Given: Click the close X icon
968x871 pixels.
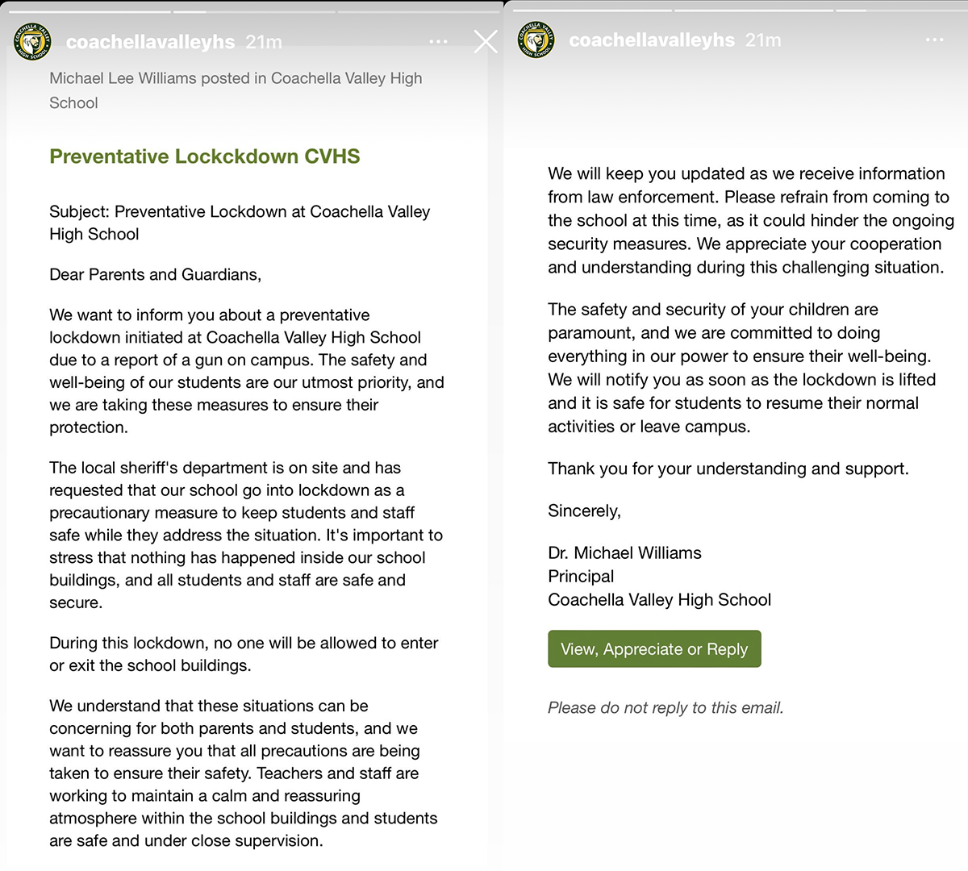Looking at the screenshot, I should [x=486, y=42].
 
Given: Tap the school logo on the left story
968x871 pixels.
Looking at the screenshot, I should [x=32, y=41].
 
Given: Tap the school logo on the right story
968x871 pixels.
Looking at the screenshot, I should [x=536, y=40].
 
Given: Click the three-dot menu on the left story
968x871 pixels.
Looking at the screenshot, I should [x=438, y=42].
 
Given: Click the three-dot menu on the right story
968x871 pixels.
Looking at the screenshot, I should [x=934, y=40].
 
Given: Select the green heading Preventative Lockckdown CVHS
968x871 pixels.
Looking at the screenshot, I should [x=205, y=156].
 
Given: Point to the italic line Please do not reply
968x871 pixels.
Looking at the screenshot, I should [x=665, y=708].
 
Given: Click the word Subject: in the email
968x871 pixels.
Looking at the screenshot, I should [x=79, y=212].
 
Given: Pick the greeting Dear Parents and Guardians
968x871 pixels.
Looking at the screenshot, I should [x=155, y=275].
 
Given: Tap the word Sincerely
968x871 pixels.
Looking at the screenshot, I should [x=584, y=511].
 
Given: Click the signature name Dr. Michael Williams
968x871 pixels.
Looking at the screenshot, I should [x=624, y=553].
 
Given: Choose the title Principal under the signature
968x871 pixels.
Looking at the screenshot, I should [x=581, y=577].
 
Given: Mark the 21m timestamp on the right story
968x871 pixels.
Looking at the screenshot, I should [x=763, y=40].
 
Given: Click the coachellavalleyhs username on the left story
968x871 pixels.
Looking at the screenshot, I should [x=150, y=42].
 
